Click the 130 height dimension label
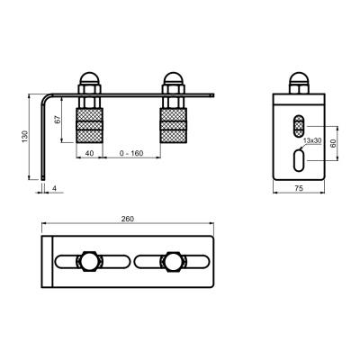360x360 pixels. coord(25,137)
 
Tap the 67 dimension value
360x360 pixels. coord(58,120)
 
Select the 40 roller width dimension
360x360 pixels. coord(89,153)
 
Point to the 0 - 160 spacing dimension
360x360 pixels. coord(131,153)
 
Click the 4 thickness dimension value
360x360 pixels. coord(54,188)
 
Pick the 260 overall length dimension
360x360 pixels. coord(128,219)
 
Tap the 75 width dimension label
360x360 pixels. coord(299,188)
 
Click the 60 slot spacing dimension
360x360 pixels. coord(333,143)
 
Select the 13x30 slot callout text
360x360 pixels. coord(312,140)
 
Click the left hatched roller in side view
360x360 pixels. coord(90,125)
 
